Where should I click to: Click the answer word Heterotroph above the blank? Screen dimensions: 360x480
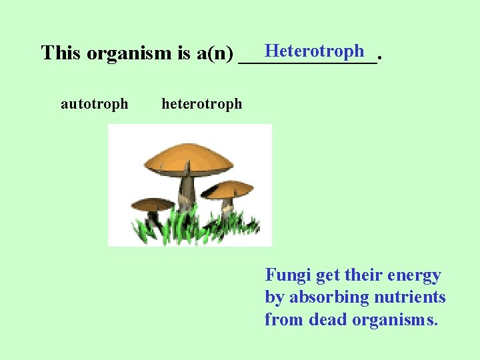click(314, 51)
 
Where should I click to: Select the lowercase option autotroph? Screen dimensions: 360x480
click(94, 104)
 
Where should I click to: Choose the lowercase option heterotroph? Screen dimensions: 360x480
click(202, 104)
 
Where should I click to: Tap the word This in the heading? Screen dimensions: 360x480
click(61, 53)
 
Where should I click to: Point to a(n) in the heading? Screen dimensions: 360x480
click(215, 53)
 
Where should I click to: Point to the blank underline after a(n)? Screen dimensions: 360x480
click(307, 60)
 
